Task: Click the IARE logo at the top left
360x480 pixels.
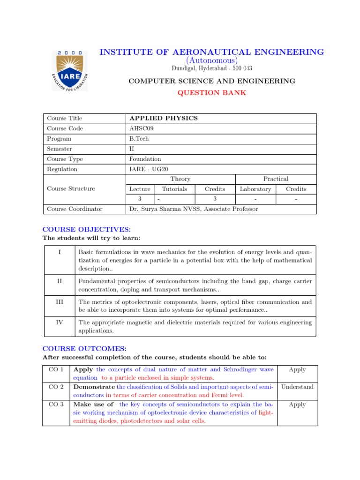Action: (69, 70)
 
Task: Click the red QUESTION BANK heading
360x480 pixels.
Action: (212, 92)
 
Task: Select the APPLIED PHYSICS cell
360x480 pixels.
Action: (163, 118)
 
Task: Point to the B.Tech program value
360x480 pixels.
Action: (139, 139)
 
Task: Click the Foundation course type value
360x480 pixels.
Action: (145, 159)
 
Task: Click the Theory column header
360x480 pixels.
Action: (180, 179)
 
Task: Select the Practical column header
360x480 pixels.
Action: (276, 179)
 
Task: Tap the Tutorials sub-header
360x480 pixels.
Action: (174, 189)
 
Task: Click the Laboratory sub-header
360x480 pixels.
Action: (255, 189)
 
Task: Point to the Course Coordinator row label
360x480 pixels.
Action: (75, 209)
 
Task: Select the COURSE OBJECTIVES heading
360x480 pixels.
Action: (87, 229)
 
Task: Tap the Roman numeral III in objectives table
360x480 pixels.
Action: (60, 302)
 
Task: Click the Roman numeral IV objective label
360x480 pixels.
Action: (60, 322)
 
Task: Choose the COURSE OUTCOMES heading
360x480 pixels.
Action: (85, 349)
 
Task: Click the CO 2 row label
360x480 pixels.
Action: (56, 387)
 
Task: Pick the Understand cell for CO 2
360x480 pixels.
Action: (297, 387)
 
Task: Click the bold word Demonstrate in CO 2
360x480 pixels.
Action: (94, 387)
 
